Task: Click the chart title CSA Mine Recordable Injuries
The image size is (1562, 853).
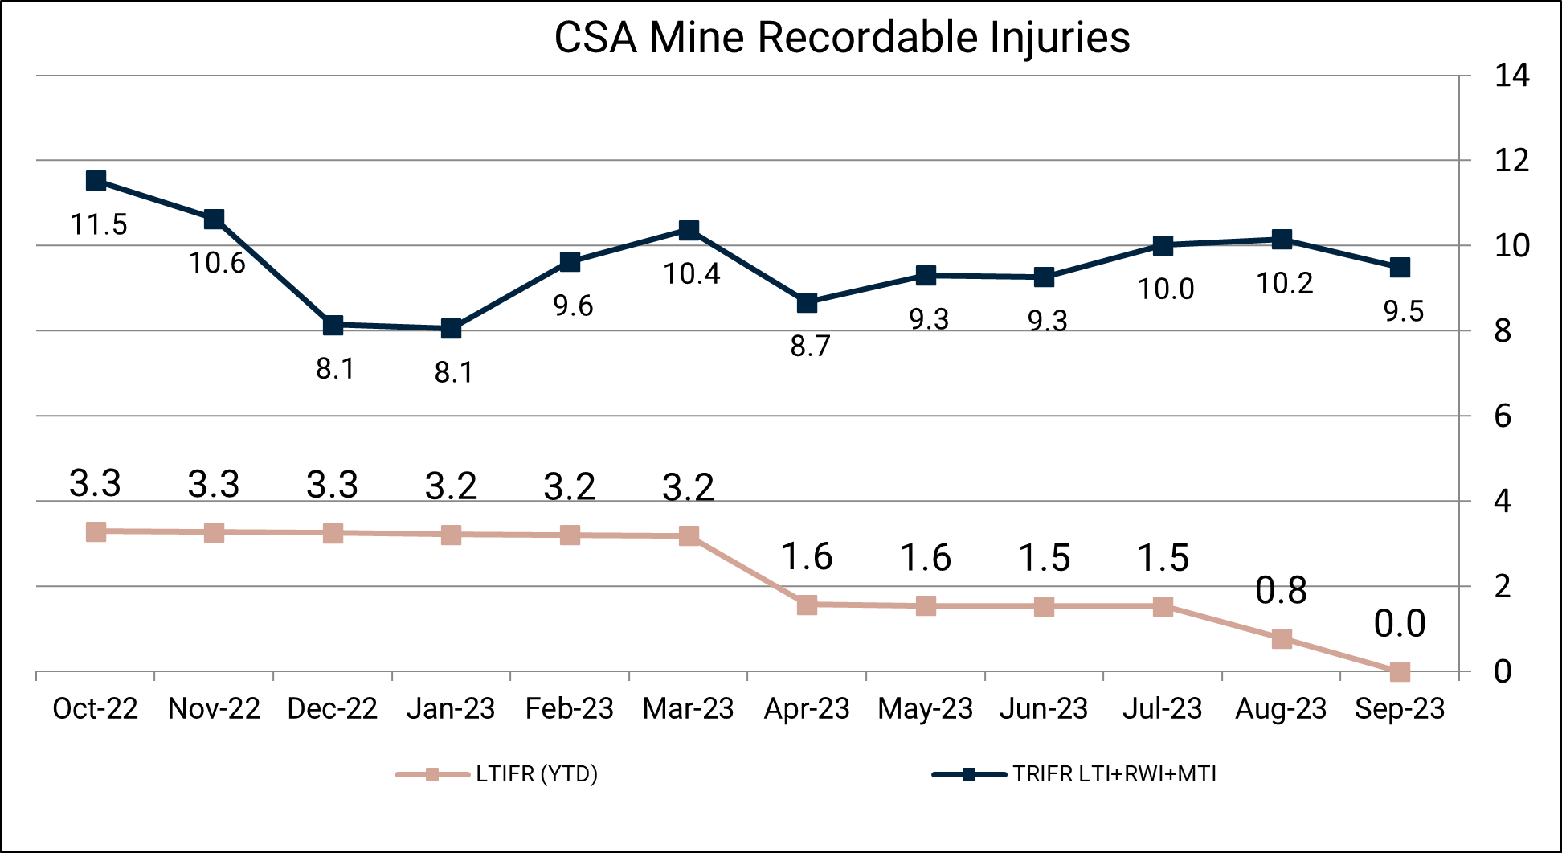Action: (841, 38)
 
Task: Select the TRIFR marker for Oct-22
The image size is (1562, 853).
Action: (96, 180)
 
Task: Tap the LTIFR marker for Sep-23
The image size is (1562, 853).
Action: (1400, 671)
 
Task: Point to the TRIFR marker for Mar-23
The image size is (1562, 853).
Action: (689, 230)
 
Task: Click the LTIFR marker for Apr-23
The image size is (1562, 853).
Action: (807, 605)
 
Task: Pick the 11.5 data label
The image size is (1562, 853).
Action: (99, 225)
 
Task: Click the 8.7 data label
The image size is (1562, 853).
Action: (810, 347)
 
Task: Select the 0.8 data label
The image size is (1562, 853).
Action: (1281, 591)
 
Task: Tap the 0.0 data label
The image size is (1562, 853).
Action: (1400, 624)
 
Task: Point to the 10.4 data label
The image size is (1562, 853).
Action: (692, 274)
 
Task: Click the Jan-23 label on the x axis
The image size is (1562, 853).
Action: (451, 708)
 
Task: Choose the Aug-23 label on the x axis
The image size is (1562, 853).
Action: (1281, 708)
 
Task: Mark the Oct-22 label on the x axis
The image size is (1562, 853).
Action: (95, 708)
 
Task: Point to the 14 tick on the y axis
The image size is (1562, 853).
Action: (1511, 76)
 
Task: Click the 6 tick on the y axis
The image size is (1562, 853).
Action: (1503, 416)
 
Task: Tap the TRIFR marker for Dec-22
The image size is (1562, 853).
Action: (333, 325)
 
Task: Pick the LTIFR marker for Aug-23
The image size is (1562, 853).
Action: (1282, 639)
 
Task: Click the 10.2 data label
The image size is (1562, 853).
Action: (1285, 284)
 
